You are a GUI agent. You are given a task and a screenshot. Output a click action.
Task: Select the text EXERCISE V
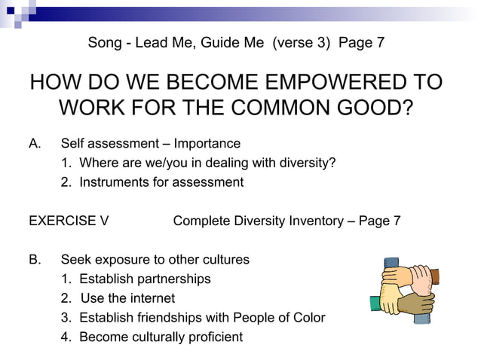pos(69,221)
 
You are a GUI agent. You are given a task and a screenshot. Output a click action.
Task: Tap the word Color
pos(308,317)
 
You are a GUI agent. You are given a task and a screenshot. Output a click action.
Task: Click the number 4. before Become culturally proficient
pos(66,337)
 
